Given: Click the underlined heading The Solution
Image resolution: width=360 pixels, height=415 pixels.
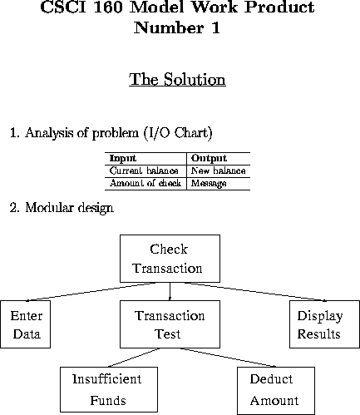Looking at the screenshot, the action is [177, 80].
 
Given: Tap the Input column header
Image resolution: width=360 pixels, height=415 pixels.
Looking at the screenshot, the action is [123, 158].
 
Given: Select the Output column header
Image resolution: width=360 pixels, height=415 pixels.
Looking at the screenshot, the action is [209, 158].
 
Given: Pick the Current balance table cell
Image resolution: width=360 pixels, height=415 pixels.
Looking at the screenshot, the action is [144, 170].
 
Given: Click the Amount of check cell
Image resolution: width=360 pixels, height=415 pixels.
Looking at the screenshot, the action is [145, 183].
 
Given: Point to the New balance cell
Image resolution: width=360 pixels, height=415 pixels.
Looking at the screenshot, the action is [219, 170].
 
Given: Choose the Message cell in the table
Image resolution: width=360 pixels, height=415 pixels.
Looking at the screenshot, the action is [209, 183].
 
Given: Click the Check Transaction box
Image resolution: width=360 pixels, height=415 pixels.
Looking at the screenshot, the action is [170, 259].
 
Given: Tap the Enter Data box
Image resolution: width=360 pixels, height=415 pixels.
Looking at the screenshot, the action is [25, 324].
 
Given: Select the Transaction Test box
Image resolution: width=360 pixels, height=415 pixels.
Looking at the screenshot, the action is [170, 324].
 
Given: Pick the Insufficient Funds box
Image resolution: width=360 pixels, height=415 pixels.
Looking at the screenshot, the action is [109, 389].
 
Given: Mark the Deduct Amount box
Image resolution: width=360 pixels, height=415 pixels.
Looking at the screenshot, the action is [276, 391].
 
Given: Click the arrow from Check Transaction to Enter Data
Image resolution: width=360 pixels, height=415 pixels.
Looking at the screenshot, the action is [91, 292].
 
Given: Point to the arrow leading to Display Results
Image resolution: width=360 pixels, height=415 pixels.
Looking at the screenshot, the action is [255, 292].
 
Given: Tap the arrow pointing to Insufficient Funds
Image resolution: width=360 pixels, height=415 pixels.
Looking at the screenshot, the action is [134, 358].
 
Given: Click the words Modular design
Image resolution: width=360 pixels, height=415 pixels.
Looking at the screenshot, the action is [69, 208].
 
